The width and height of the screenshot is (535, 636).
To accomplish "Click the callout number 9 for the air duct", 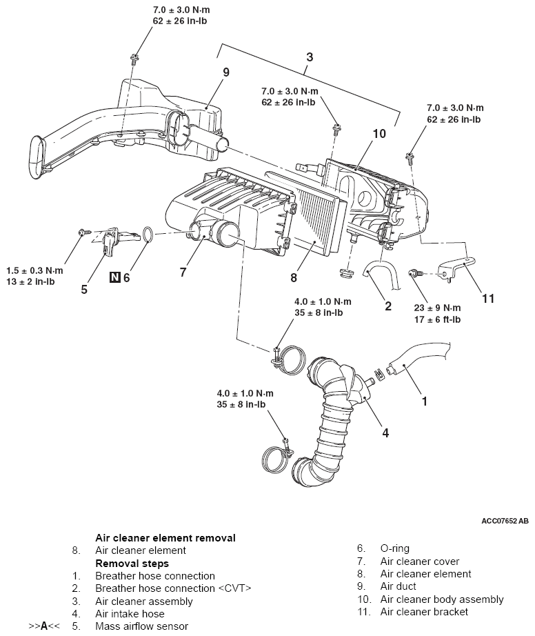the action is [225, 72].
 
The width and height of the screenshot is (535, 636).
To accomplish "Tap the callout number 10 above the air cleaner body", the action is [379, 133].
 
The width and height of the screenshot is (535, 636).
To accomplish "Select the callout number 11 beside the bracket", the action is [488, 299].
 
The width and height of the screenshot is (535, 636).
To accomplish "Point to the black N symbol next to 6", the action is [115, 277].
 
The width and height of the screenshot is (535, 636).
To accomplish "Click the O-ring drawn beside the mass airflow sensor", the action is [148, 235].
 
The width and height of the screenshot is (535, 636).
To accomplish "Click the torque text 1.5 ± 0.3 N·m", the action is [35, 270].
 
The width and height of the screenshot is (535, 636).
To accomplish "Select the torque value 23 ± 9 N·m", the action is [437, 308].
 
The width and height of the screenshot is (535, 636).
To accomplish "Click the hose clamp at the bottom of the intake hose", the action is [276, 457].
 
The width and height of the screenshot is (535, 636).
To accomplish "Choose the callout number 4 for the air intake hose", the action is [385, 433].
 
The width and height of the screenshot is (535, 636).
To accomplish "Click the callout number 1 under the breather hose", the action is [425, 401].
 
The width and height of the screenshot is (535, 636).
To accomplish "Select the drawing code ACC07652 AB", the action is [505, 521].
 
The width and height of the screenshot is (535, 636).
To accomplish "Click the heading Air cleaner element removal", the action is [165, 538].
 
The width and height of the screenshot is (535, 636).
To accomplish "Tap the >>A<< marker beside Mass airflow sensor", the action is [44, 626].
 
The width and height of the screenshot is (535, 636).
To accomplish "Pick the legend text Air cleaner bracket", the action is [424, 612].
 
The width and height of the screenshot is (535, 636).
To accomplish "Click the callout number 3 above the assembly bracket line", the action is [310, 57].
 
